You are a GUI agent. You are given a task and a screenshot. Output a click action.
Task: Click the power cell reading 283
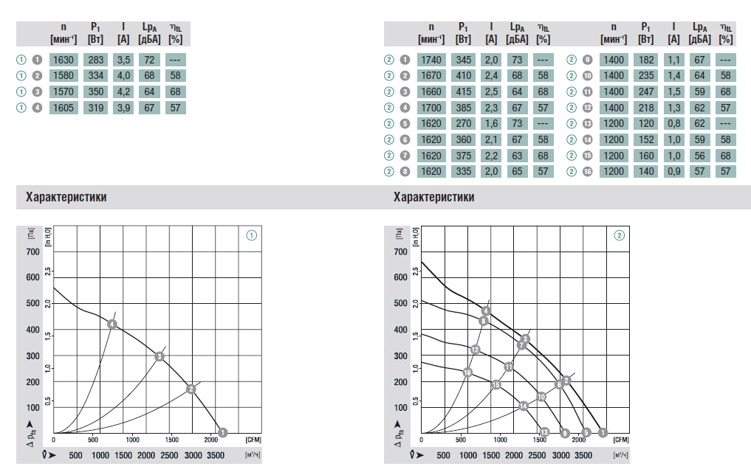coord(95,60)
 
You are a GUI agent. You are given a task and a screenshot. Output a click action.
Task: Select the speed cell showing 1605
coord(64,108)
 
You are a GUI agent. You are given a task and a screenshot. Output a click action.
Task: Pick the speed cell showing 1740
coord(431,60)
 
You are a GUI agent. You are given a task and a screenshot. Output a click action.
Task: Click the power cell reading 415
coord(463,91)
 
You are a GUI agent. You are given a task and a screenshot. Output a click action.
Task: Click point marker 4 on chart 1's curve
coord(112,324)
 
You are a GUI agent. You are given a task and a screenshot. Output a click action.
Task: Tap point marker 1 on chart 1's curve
coord(223,432)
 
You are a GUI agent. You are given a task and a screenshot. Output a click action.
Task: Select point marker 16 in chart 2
coord(467,372)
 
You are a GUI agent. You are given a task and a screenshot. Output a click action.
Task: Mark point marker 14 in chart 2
coord(524,406)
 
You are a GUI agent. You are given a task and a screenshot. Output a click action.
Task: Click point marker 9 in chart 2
coord(566,432)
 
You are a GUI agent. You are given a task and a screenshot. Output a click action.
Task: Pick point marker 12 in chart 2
coord(476,350)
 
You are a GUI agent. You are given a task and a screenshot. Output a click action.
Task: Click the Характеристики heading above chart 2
coord(434,198)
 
